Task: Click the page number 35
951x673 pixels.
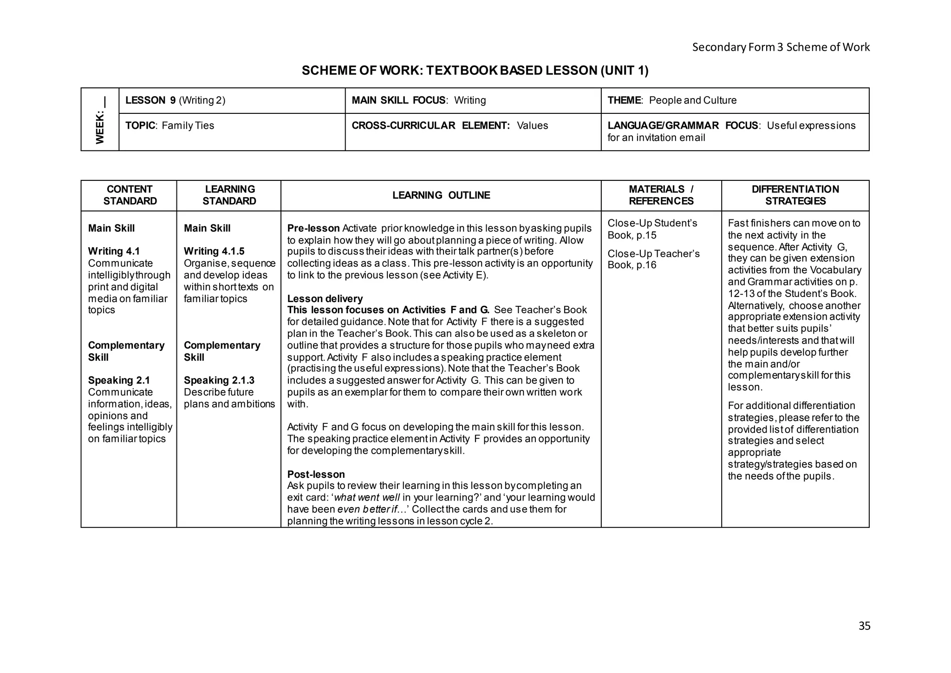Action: tap(864, 626)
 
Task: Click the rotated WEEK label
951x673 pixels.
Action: tap(100, 122)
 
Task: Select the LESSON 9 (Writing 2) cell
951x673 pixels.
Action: tap(176, 100)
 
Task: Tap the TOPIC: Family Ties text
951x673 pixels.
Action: tap(170, 125)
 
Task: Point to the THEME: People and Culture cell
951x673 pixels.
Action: tap(672, 100)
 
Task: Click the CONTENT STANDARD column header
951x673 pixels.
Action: tap(130, 195)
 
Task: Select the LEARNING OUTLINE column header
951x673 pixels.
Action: tap(441, 195)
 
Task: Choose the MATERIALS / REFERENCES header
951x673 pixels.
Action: tap(661, 195)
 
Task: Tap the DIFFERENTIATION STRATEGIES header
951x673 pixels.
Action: tap(795, 195)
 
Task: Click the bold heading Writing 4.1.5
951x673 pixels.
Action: tap(214, 251)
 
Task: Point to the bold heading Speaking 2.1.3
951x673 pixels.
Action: tap(219, 380)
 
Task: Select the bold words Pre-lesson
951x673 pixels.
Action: tap(313, 228)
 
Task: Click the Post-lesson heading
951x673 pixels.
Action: tap(316, 474)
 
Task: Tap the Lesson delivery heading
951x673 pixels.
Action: tap(325, 299)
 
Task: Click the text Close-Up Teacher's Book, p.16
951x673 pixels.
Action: tap(653, 259)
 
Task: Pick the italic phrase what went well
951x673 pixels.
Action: tap(367, 498)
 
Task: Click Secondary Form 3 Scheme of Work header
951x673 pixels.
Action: tap(781, 47)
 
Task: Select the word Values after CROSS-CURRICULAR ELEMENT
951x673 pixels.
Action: tap(532, 125)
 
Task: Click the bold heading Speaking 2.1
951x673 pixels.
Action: tap(119, 380)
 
